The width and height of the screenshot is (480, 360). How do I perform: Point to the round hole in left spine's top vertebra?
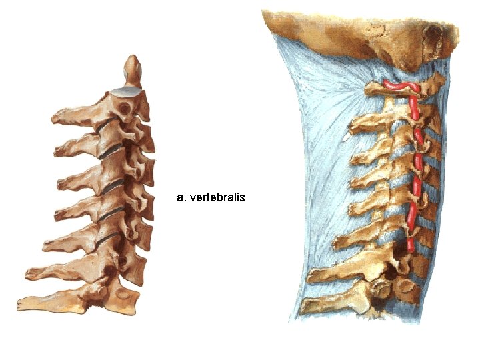123,107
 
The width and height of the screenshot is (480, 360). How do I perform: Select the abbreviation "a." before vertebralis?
181,197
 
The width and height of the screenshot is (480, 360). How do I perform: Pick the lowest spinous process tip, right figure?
306,307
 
